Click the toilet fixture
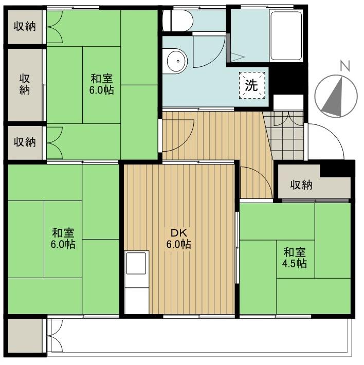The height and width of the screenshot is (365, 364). click(178, 21)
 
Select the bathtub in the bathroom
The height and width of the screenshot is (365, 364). click(286, 35)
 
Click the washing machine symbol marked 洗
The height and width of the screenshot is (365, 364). click(252, 85)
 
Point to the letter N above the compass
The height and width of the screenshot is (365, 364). click(345, 66)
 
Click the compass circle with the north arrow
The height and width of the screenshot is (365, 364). click(336, 96)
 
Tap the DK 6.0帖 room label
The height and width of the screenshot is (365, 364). click(179, 238)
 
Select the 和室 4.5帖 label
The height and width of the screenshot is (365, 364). click(295, 258)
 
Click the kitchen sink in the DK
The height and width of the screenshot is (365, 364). click(136, 263)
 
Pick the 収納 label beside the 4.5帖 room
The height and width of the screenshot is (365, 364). click(301, 185)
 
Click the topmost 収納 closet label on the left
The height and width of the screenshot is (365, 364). click(25, 26)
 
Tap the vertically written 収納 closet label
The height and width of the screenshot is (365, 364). click(25, 84)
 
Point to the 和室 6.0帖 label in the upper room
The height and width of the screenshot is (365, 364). click(102, 84)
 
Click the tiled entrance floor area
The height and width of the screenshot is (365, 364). click(285, 136)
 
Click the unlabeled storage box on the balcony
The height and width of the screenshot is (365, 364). click(25, 336)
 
